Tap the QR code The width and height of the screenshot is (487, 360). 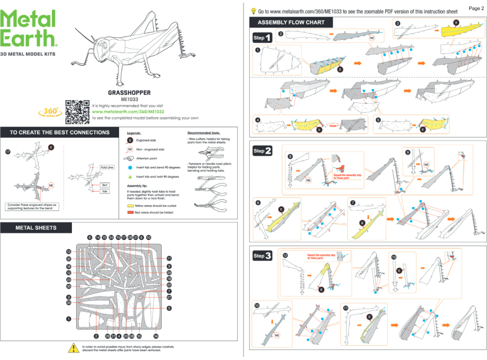tap(77, 111)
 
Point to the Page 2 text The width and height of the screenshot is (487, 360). tap(475, 8)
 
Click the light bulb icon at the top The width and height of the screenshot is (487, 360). tap(254, 10)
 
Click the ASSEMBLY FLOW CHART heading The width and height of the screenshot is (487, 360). tap(291, 23)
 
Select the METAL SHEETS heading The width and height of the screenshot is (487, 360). tap(36, 228)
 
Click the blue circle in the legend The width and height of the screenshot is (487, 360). tap(130, 167)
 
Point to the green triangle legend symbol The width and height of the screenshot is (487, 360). tap(130, 177)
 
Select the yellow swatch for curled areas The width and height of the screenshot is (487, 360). tap(131, 206)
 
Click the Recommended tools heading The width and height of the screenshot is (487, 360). tap(204, 133)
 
